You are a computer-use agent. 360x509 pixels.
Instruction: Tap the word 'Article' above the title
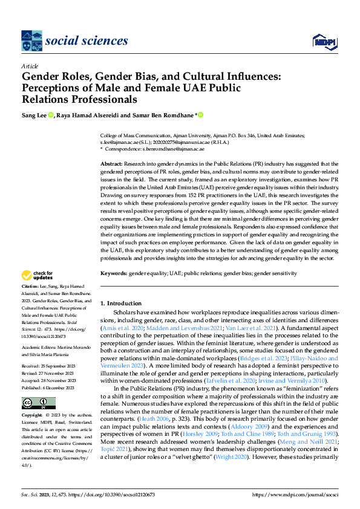29,65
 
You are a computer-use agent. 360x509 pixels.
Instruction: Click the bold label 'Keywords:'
114,273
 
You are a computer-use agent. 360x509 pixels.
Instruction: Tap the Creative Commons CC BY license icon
38,403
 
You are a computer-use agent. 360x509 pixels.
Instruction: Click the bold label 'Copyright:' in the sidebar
33,416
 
